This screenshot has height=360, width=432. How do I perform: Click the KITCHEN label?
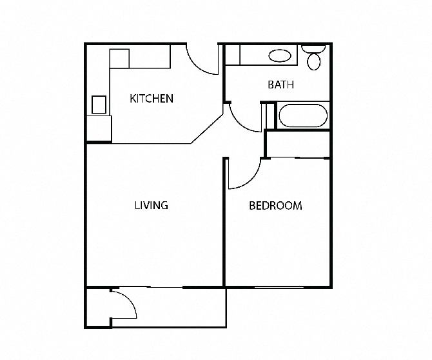[152, 99]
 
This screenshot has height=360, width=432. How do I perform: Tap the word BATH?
[281, 85]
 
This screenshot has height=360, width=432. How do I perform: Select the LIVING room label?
[151, 206]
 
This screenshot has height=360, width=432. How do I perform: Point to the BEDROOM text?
[275, 206]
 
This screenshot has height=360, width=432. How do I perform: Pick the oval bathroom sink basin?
[279, 56]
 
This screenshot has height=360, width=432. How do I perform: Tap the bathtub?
[302, 116]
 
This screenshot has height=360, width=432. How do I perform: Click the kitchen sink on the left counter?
[99, 104]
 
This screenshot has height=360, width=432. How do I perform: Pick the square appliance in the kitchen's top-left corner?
[120, 58]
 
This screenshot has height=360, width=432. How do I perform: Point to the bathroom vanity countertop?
[261, 55]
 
